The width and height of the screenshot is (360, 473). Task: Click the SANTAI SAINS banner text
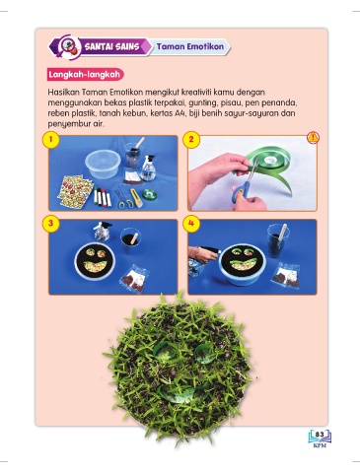click(x=111, y=46)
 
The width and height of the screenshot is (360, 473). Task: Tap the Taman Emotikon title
click(x=190, y=46)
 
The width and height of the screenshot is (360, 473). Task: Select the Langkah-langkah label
click(x=84, y=74)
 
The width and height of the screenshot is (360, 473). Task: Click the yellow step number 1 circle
click(x=50, y=139)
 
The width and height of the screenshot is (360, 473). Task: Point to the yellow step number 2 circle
click(x=191, y=139)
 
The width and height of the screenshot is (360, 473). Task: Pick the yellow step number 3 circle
click(x=50, y=224)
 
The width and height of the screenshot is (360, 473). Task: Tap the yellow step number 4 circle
click(x=191, y=224)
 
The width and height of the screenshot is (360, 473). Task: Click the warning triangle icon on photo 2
click(x=313, y=138)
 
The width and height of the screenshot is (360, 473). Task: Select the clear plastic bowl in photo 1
click(x=103, y=164)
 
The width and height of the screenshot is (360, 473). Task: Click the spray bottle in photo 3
click(x=102, y=232)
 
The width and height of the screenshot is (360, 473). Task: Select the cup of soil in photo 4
click(x=278, y=240)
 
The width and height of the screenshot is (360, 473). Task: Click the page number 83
click(x=320, y=435)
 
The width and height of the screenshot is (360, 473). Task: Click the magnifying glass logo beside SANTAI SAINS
click(x=69, y=47)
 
